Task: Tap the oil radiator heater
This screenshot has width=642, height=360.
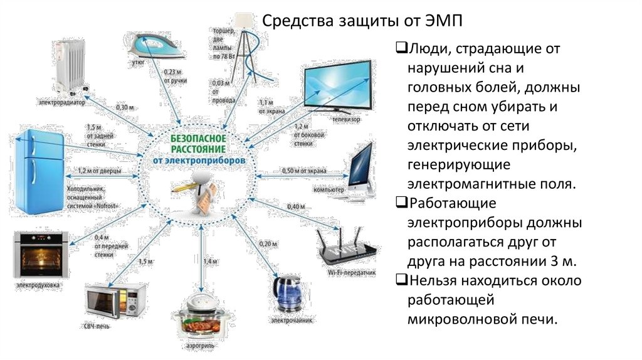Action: click(x=69, y=64)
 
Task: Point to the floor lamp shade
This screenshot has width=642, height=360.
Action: click(x=243, y=19)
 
